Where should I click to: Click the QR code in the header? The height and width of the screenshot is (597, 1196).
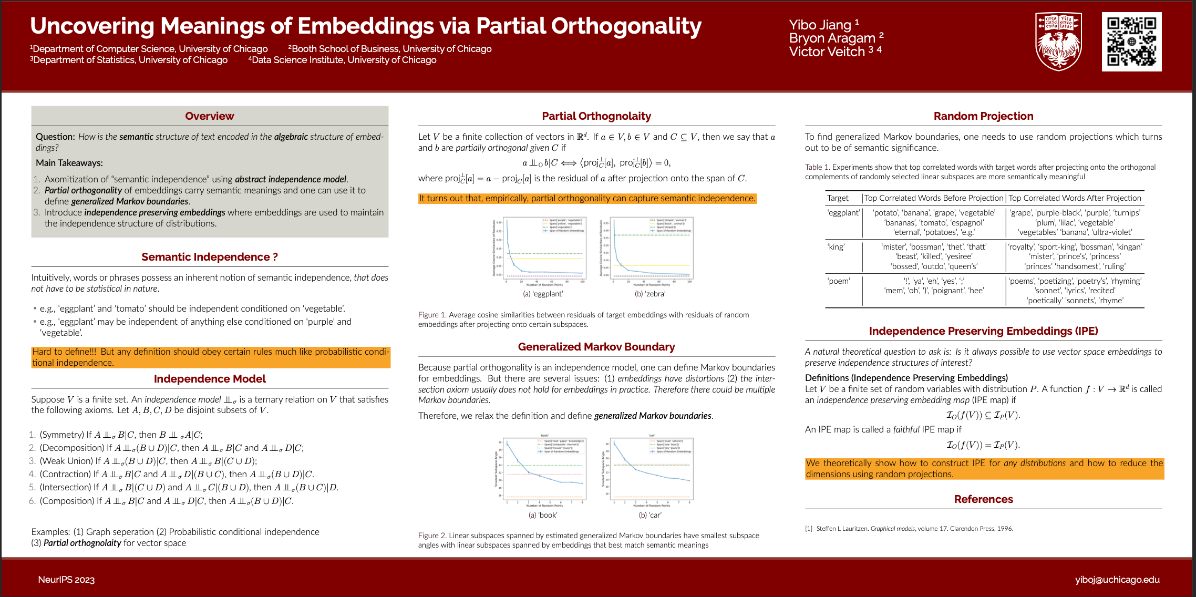tap(1131, 42)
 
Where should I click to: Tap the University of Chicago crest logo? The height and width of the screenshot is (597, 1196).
tap(1058, 42)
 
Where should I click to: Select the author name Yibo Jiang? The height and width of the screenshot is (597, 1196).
tap(820, 25)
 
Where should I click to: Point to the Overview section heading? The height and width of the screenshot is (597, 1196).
tap(209, 116)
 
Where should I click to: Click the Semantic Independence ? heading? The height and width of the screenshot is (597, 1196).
tap(209, 257)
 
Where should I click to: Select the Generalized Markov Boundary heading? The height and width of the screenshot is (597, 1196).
tap(596, 347)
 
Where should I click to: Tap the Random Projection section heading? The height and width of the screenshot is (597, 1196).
tap(983, 116)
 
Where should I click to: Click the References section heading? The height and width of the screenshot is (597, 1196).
tap(983, 499)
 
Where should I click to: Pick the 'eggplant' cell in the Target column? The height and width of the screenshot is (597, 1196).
tap(843, 213)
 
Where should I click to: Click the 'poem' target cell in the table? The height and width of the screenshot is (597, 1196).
tap(838, 281)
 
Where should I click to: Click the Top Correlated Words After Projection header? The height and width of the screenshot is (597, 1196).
tap(1075, 198)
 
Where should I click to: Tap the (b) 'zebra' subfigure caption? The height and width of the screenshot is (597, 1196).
tap(650, 294)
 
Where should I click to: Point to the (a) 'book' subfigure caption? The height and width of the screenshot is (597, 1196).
tap(543, 515)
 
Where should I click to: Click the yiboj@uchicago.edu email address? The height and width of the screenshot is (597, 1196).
tap(1117, 580)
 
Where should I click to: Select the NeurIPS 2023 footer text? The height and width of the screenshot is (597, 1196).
tap(66, 580)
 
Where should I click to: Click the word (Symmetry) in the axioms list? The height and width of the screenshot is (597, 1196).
tap(62, 435)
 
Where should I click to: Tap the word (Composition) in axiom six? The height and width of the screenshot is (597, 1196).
tap(67, 501)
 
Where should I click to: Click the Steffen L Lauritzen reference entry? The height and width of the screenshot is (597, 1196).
tap(914, 529)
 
